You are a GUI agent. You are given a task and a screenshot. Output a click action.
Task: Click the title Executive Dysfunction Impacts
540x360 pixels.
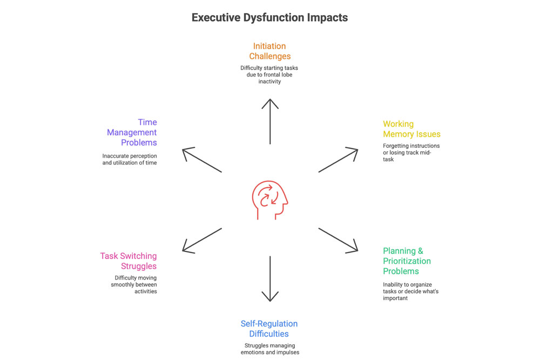[269, 18]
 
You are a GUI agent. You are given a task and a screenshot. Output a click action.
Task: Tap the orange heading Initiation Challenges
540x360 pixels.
[269, 51]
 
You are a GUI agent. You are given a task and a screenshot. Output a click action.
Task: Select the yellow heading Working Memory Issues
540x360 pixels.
[411, 128]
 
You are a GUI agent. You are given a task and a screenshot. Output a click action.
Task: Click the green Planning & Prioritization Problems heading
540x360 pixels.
[407, 261]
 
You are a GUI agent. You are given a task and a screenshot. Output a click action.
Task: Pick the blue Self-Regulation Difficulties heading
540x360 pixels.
[269, 329]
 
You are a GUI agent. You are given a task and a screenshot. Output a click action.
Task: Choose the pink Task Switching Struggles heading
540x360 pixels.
[129, 261]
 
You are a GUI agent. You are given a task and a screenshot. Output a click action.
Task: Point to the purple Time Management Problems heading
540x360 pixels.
[132, 132]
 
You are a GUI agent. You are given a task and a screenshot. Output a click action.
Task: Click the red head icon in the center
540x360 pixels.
[270, 200]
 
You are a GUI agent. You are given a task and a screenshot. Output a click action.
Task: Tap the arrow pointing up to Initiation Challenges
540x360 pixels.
[270, 121]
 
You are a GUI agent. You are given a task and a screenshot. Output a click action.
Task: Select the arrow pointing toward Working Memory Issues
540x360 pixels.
[338, 160]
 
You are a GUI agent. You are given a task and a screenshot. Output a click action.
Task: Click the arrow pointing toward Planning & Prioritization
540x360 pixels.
[338, 241]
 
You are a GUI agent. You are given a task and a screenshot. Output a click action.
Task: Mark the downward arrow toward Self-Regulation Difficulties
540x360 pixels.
[270, 279]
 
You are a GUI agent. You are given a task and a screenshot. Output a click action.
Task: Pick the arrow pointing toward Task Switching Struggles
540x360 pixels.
[202, 241]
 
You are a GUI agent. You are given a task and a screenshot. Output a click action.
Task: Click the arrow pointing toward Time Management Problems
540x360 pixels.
[202, 160]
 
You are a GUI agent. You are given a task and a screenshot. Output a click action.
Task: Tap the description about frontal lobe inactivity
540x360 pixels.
[269, 74]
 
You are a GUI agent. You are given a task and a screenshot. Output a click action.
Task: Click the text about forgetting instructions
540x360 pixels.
[411, 152]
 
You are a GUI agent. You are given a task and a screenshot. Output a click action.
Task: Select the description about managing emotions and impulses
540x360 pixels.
[270, 349]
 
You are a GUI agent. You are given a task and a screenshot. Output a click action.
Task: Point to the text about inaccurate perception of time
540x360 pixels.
[130, 159]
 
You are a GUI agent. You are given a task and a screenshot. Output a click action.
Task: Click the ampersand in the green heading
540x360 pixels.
[420, 251]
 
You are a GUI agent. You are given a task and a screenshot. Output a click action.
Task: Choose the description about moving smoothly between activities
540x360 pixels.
[133, 284]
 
